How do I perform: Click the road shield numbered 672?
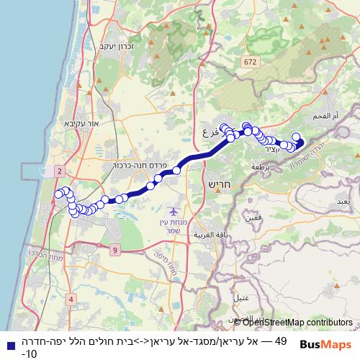pyautogui.click(x=250, y=63)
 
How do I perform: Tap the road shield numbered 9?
pyautogui.click(x=114, y=250)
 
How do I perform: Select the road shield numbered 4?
pyautogui.click(x=71, y=298)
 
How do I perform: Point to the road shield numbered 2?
pyautogui.click(x=59, y=170)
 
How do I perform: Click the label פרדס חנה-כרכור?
pyautogui.click(x=140, y=165)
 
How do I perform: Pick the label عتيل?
pyautogui.click(x=241, y=297)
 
